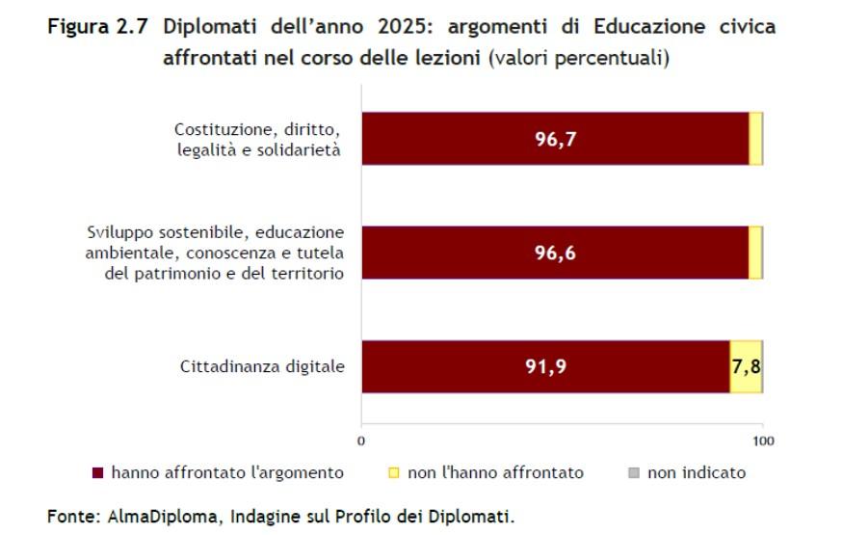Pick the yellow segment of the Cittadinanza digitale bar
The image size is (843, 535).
[x=746, y=381]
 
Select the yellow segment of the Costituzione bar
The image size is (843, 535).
[x=755, y=139]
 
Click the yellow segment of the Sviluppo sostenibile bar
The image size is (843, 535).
[x=755, y=253]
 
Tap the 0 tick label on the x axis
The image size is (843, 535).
[x=361, y=441]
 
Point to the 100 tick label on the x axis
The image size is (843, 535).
[x=763, y=441]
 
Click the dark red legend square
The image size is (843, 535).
[x=96, y=473]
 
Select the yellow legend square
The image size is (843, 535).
[x=393, y=473]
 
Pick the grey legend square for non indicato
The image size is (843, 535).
[x=632, y=473]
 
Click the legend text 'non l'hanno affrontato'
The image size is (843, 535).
[x=495, y=472]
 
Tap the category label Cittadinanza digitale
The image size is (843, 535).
[x=262, y=366]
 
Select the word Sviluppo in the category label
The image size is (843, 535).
[x=117, y=233]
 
